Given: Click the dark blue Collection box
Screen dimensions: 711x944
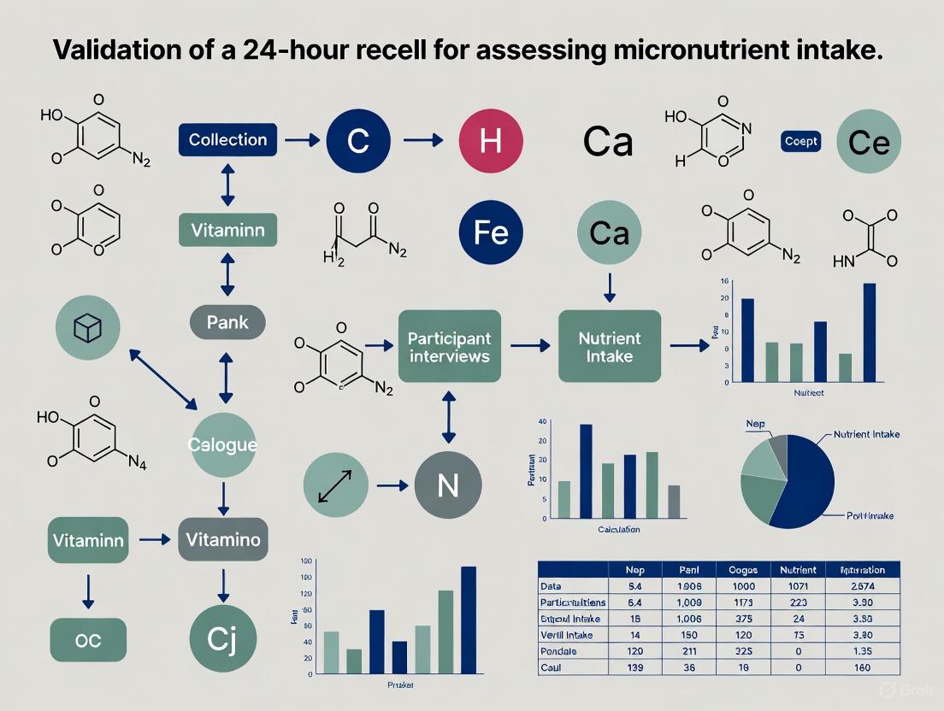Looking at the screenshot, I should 227,140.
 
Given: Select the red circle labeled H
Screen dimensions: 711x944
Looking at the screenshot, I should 490,140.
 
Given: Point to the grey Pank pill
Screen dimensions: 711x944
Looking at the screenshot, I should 227,322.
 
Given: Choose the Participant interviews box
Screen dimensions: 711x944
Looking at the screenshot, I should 449,345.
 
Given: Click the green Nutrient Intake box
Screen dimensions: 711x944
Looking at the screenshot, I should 610,345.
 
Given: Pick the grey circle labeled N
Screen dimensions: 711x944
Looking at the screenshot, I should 448,485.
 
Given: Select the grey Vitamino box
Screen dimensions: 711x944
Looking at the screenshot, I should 222,539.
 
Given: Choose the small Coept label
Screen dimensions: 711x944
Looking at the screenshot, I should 801,142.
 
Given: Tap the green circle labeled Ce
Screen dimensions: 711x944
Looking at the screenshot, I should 869,143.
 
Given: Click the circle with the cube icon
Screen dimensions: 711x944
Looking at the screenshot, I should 87,328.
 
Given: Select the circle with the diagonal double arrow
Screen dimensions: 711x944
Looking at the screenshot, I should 336,485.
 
